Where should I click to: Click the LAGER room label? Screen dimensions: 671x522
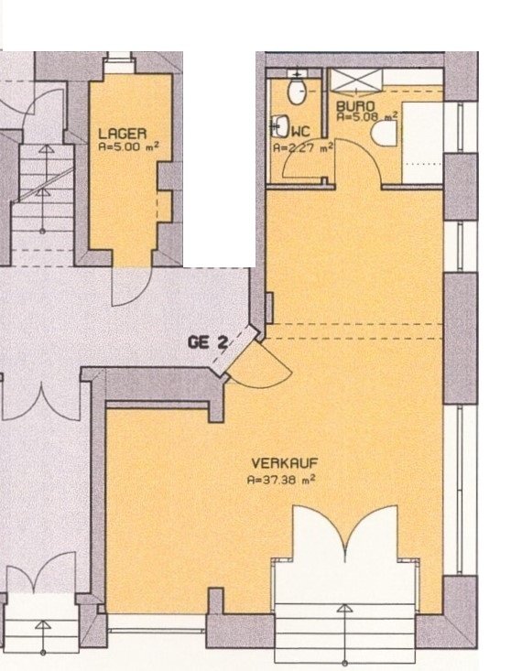click(121, 132)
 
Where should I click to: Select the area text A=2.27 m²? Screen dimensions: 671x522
click(302, 146)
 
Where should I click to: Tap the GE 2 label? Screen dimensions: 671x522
click(207, 343)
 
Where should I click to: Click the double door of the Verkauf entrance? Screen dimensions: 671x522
click(344, 536)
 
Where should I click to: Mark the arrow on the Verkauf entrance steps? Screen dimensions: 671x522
click(344, 613)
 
